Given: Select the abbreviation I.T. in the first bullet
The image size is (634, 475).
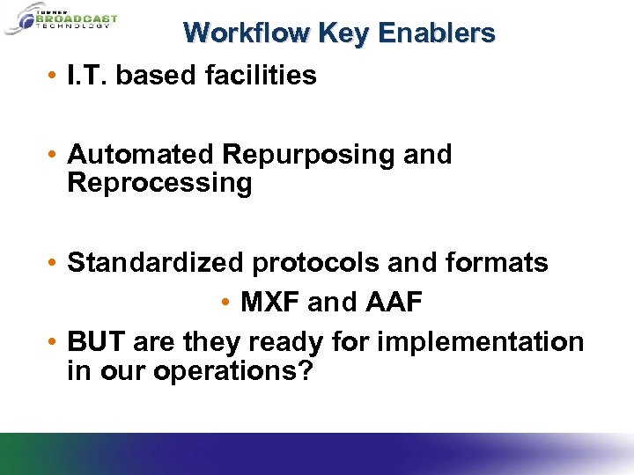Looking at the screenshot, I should click(87, 76).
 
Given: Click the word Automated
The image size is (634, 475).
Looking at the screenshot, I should click(141, 155).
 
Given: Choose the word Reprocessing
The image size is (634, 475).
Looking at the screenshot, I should click(159, 183).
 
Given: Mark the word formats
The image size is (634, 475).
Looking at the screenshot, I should click(498, 262).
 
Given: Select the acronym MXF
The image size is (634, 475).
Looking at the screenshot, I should click(271, 302).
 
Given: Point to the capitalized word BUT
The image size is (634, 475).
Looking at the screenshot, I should click(93, 341).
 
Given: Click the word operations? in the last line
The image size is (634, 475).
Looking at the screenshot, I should click(233, 370).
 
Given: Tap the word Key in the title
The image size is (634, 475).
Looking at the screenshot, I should click(345, 33).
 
